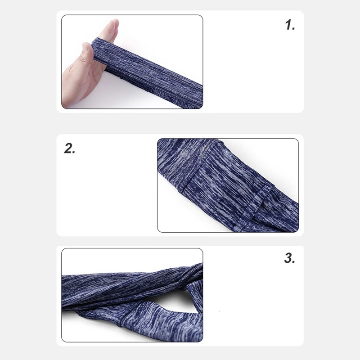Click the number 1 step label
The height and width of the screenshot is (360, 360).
coord(290,25)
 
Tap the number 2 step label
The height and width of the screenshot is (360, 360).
coord(70,148)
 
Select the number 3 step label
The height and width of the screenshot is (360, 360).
coord(289,258)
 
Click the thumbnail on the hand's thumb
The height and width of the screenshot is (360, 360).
coord(85,47)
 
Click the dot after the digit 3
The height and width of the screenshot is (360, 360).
coord(293,262)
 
